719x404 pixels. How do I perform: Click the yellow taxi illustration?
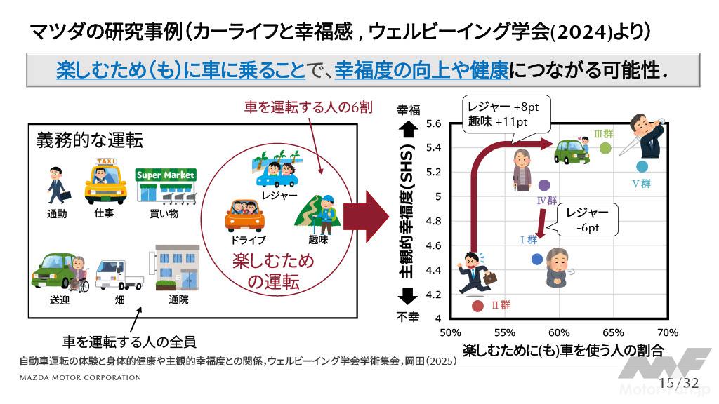point(105,182)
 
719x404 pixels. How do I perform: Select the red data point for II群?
point(477,306)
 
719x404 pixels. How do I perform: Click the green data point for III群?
point(605,147)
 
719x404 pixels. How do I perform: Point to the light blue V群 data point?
point(642,166)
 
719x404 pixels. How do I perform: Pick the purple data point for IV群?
point(544,185)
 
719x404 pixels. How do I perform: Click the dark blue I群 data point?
point(537,260)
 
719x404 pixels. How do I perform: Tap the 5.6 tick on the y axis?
point(433,123)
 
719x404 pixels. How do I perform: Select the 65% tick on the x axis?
point(613,332)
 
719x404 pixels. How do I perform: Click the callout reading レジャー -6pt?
point(588,220)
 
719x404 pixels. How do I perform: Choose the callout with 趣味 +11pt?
point(506,114)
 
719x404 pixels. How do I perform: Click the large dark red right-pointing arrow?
point(367,217)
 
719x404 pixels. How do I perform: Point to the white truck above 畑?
point(119,275)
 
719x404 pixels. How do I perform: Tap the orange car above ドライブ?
point(245,216)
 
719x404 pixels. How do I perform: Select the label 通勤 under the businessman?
point(58,214)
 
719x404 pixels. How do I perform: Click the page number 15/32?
point(679,383)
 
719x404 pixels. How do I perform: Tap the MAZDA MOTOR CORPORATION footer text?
point(80,378)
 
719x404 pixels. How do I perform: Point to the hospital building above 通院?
point(177,268)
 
